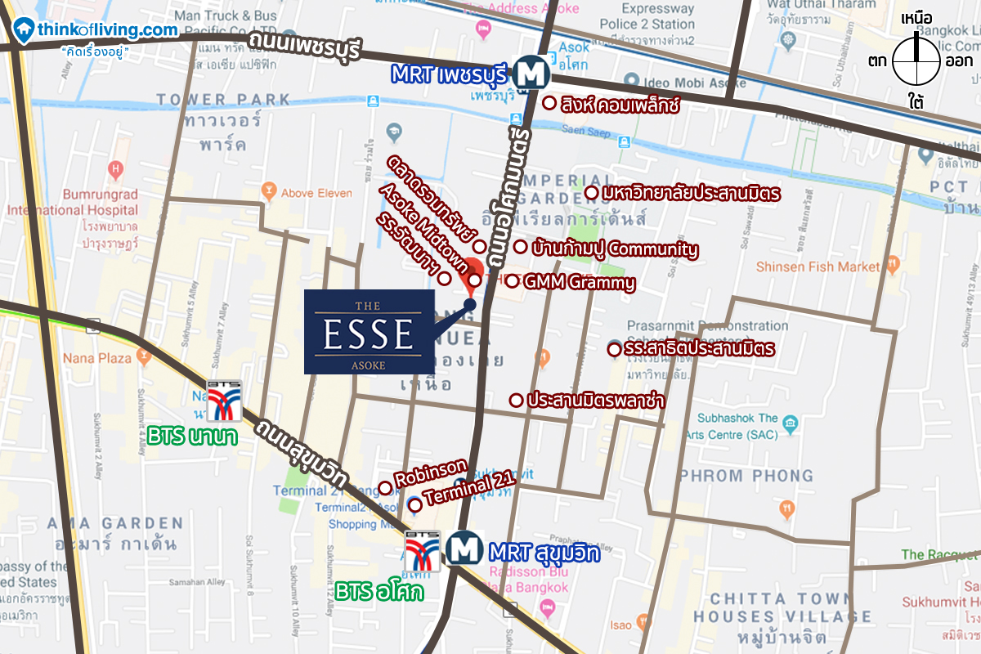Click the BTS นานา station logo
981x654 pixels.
223,400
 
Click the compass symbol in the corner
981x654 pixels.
916,62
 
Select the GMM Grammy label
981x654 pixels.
580,283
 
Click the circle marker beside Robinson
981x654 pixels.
385,488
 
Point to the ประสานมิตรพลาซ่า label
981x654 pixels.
595,401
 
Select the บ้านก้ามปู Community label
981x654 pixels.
614,249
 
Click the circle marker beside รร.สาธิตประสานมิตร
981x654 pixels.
613,350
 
